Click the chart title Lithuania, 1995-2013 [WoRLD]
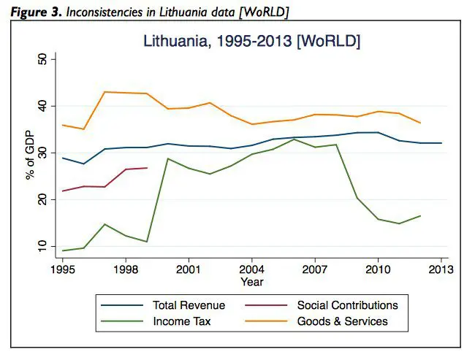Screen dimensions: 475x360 click(x=251, y=41)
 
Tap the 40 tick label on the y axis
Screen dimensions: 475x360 click(x=43, y=107)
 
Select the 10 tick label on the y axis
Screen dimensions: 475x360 click(x=43, y=247)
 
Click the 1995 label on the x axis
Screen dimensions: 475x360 click(x=63, y=269)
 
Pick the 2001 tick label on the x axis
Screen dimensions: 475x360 click(x=189, y=269)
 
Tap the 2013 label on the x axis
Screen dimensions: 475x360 click(x=441, y=269)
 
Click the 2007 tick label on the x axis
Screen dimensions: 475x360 click(x=315, y=269)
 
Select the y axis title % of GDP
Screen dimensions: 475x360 click(x=30, y=156)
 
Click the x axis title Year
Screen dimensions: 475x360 click(x=252, y=282)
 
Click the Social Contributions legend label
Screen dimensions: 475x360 click(x=347, y=305)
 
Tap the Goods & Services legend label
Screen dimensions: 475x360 click(x=342, y=321)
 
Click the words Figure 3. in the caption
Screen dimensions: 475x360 click(x=36, y=12)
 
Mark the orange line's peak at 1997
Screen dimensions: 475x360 click(x=104, y=92)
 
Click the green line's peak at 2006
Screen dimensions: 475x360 click(x=294, y=139)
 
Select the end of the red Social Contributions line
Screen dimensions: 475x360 click(x=147, y=168)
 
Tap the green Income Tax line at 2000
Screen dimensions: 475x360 click(x=168, y=158)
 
